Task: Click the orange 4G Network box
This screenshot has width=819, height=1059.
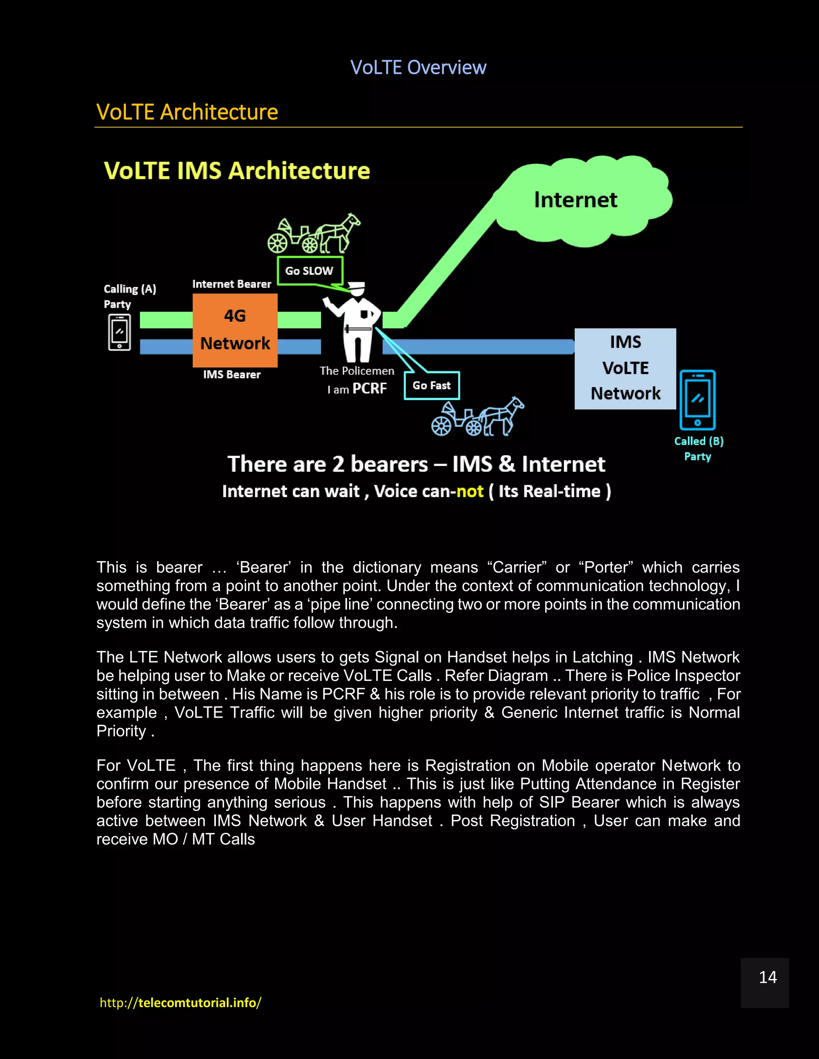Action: point(235,330)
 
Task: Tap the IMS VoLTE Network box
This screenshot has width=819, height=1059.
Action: point(625,368)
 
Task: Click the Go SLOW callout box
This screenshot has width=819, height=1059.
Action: point(310,271)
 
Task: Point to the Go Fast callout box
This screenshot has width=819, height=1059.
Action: point(431,386)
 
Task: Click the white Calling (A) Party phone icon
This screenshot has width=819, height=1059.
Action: point(119,332)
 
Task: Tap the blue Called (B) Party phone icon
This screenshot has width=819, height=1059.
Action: point(697,400)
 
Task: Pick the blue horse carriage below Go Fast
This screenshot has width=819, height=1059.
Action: point(477,417)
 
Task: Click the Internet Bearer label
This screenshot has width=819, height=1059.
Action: point(232,284)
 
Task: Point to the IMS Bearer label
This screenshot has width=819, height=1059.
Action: point(232,374)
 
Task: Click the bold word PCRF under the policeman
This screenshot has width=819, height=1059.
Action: point(370,388)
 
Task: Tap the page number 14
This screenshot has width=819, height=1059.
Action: point(767,977)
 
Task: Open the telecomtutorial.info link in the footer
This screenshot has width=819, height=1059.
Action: point(180,1003)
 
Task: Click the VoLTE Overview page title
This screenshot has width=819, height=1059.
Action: point(418,68)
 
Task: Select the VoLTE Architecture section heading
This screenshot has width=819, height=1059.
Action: point(187,112)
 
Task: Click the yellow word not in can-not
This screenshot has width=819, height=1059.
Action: point(469,491)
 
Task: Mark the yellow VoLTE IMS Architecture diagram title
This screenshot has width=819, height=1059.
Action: point(237,171)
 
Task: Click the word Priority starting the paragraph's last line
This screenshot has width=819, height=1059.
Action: point(121,731)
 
